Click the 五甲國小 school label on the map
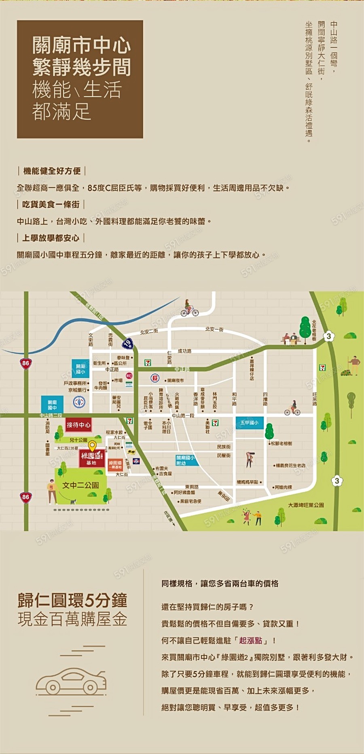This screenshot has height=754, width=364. (x=249, y=423)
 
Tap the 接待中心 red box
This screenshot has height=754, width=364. (x=78, y=425)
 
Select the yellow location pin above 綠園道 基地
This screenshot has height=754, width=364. (x=92, y=446)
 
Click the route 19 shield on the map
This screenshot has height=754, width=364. (x=128, y=344)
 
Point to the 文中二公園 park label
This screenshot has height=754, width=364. (x=80, y=485)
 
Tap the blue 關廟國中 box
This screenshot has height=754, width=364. (x=52, y=405)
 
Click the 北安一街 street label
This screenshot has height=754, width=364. (x=214, y=329)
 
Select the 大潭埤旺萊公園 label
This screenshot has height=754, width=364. (x=306, y=505)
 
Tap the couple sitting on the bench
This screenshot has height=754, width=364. (x=290, y=339)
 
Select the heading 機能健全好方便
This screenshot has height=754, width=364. (x=52, y=171)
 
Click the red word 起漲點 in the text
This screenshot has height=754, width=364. (x=250, y=641)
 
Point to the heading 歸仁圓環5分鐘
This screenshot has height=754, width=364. (x=72, y=600)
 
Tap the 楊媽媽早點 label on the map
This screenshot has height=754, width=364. (x=248, y=482)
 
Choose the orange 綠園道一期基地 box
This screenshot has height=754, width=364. (x=115, y=465)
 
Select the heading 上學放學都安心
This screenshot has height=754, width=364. (x=51, y=238)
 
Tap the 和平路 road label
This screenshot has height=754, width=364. (x=234, y=399)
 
